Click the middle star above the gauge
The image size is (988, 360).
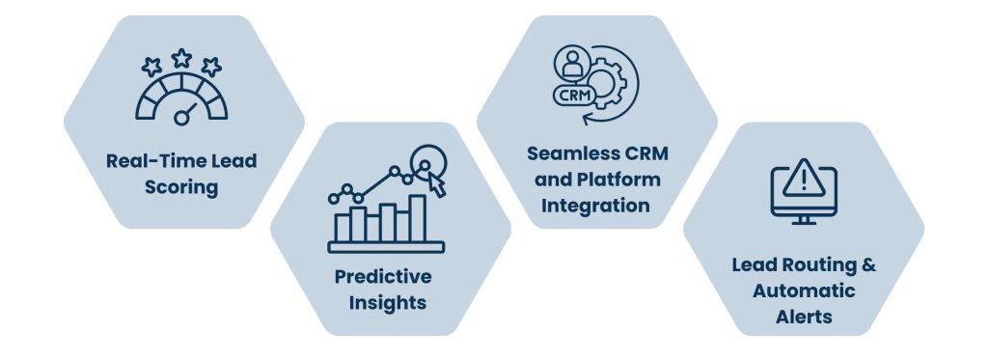(181, 59)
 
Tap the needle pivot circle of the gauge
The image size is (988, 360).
(181, 118)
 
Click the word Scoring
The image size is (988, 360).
(181, 187)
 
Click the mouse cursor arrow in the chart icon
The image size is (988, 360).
(437, 184)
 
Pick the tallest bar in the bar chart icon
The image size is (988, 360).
(417, 218)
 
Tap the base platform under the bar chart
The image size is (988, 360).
(386, 247)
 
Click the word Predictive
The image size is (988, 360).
(383, 277)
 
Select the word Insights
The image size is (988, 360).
(388, 303)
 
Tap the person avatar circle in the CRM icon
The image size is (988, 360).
(571, 63)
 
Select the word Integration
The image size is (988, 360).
(595, 207)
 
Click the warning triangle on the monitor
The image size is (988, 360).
(804, 180)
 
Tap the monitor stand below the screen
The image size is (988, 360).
(804, 219)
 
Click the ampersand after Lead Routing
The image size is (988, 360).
(868, 264)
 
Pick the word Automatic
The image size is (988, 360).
(804, 291)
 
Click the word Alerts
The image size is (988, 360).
(804, 317)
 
